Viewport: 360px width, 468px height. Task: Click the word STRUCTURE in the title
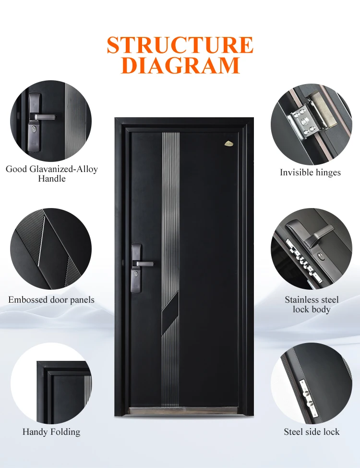click(x=180, y=45)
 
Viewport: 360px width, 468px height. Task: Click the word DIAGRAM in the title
click(x=180, y=65)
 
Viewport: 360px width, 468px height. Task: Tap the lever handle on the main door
click(x=144, y=264)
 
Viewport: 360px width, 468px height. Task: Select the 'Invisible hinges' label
click(x=310, y=172)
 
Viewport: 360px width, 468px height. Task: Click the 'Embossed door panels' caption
click(x=51, y=300)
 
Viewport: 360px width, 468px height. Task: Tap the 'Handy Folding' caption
click(x=51, y=432)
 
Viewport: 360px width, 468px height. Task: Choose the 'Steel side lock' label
click(x=312, y=432)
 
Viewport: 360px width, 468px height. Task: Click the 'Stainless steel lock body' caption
click(x=312, y=305)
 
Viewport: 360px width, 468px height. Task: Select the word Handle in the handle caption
click(x=52, y=179)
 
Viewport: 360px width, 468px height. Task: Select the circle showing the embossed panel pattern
click(x=51, y=249)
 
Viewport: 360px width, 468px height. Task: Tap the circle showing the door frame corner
click(x=51, y=383)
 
